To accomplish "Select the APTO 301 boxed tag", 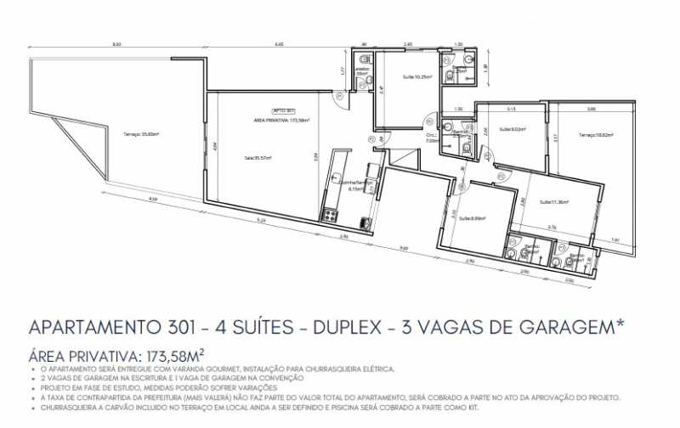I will point(283,111).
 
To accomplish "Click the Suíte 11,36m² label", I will point(554,201).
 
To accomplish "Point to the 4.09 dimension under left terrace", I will point(151,200).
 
